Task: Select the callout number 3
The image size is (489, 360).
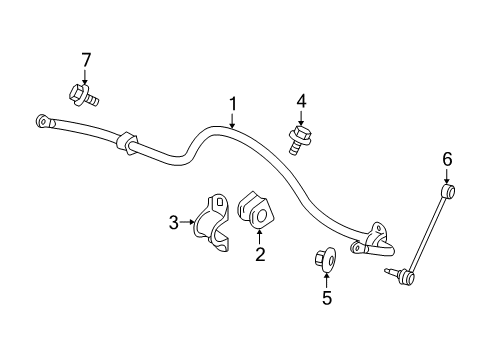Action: point(173,222)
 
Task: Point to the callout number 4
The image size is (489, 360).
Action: point(299,100)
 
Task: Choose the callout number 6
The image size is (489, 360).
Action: point(448,157)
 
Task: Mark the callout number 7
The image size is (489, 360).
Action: point(85,62)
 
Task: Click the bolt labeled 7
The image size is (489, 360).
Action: point(83,96)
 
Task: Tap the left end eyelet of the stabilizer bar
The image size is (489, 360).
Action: point(42,121)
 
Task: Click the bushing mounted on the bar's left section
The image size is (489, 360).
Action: point(125,143)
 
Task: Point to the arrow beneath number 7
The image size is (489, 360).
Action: point(85,76)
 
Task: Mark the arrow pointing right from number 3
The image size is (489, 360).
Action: point(187,222)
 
